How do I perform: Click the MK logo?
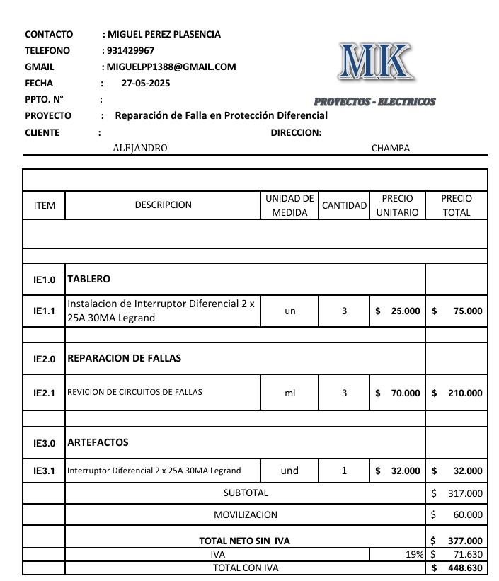point(374,62)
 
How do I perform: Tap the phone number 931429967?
point(130,50)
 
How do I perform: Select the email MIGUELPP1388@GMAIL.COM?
point(171,67)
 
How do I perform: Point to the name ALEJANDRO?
point(140,148)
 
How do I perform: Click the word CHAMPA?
point(390,148)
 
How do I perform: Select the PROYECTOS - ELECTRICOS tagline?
point(374,102)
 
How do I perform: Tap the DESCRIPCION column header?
point(163,205)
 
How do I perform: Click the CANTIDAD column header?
point(344,205)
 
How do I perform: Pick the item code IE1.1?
point(44,311)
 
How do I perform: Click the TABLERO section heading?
point(88,279)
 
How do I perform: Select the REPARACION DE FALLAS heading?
point(124,358)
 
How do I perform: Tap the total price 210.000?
point(465,393)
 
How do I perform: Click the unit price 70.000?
point(405,393)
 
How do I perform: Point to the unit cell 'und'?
point(289,471)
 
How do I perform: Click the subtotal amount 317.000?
point(465,493)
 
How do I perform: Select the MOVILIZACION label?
point(246,514)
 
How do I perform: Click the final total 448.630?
point(465,568)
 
